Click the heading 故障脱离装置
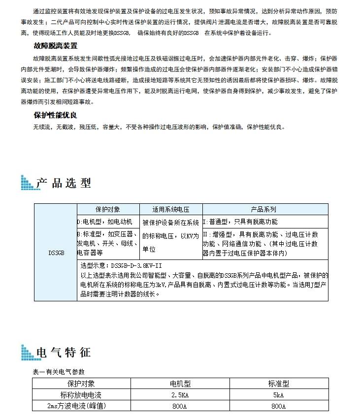(x=55, y=46)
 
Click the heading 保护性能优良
(x=55, y=115)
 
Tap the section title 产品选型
(x=64, y=183)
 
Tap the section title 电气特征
(x=64, y=353)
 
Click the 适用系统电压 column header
(x=171, y=209)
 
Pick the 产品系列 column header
(x=264, y=209)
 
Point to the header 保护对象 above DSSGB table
(x=107, y=209)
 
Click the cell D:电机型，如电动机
(x=104, y=222)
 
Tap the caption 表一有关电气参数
(x=58, y=372)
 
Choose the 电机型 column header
(x=180, y=383)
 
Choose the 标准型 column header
(x=278, y=383)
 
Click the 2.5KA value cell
(x=180, y=394)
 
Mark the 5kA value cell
(x=278, y=394)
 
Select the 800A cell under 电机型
(x=180, y=406)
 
